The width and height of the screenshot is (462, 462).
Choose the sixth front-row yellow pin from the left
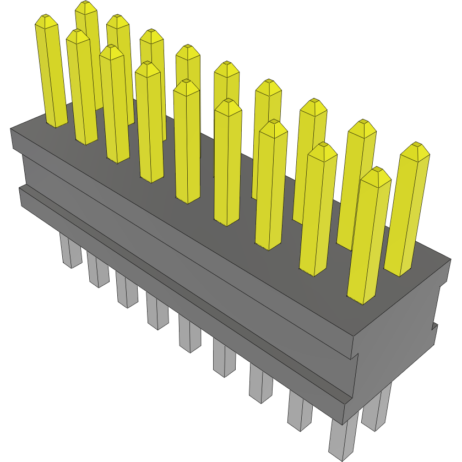(x=227, y=162)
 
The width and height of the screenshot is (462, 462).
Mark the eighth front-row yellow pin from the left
(x=318, y=209)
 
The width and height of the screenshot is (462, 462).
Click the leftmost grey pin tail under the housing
(x=70, y=251)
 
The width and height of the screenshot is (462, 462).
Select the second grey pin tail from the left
(x=97, y=270)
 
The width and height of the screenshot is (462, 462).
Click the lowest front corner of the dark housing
(x=345, y=424)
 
